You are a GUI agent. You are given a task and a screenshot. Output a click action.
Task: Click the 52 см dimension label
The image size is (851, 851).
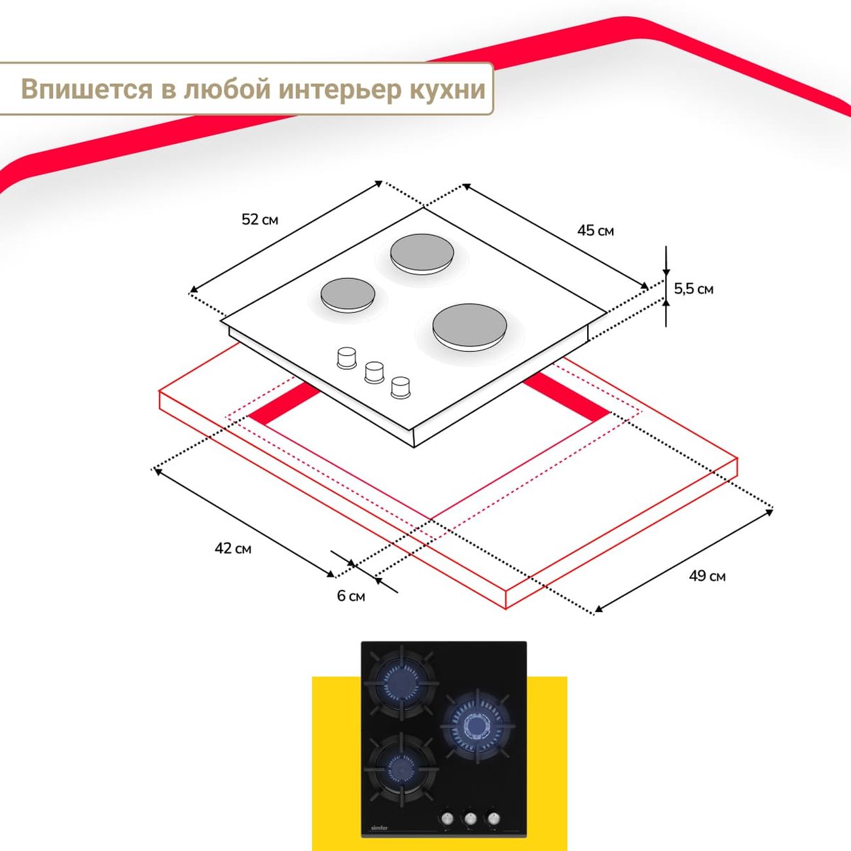coord(260,219)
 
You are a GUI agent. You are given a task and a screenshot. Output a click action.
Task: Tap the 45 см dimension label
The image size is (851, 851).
coord(595,230)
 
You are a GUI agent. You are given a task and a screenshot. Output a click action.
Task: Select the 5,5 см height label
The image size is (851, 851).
coord(693,289)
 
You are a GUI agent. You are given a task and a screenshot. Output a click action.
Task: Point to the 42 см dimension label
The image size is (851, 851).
coord(233,548)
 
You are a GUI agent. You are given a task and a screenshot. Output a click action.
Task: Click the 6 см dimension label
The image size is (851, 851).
coord(351,596)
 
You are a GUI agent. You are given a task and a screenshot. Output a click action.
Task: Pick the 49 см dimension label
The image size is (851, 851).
coord(707,576)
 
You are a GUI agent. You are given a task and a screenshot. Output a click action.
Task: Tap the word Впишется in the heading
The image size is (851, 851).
coord(86,89)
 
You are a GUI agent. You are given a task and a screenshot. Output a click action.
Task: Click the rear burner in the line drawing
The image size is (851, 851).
coord(420,254)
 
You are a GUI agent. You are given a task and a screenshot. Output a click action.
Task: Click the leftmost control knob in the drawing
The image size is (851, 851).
coord(346,358)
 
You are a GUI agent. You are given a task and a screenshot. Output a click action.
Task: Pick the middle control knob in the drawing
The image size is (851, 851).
coord(374,372)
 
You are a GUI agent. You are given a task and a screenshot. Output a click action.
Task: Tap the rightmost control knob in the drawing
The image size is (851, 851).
coord(401,386)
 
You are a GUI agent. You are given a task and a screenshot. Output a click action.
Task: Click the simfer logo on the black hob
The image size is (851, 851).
coord(380,828)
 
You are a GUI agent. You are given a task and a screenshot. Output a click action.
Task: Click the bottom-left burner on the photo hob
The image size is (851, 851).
coord(400,766)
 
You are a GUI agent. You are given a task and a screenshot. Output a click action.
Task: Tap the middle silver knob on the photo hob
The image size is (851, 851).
coord(470,818)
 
